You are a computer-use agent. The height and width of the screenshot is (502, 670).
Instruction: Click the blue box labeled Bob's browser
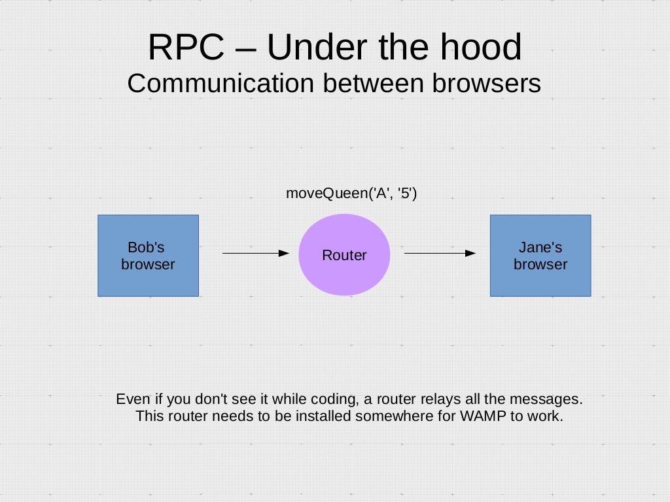coord(148,256)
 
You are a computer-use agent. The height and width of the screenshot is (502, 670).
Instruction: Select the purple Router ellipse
coord(344,255)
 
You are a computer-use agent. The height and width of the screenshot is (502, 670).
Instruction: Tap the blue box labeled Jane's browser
coord(540,256)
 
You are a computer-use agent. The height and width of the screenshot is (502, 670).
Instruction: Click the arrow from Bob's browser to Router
coord(255,253)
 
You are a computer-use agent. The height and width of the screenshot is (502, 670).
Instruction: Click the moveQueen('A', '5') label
coord(351,193)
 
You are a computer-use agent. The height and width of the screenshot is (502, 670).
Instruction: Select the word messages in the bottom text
coord(551,399)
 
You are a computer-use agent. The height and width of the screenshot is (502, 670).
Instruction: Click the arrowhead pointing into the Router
coord(284,253)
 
